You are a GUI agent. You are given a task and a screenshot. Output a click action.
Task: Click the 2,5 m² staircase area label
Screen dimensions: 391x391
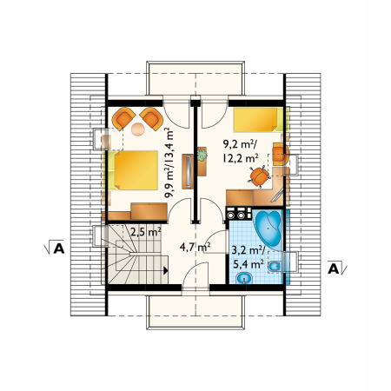[146, 232]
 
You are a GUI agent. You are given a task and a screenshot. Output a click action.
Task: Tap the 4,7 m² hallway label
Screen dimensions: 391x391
[195, 247]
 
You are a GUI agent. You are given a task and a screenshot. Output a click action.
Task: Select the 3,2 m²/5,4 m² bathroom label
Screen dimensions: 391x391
[248, 257]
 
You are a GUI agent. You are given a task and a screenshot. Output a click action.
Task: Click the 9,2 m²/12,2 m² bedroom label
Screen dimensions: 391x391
[241, 150]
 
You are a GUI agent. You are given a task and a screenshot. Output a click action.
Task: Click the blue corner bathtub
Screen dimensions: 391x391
[268, 229]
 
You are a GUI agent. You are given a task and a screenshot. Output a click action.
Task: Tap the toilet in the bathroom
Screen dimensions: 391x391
[275, 267]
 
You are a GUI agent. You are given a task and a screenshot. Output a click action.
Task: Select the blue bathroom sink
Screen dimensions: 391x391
[244, 278]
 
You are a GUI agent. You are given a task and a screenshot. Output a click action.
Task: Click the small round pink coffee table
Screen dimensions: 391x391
[138, 129]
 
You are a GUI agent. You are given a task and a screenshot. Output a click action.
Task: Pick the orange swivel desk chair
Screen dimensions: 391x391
[259, 176]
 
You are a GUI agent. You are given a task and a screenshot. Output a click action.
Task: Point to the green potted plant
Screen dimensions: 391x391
[202, 155]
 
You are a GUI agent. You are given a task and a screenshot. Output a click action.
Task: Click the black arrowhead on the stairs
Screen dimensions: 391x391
[166, 270]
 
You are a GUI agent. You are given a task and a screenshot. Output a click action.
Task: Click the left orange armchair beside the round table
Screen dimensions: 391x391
[123, 119]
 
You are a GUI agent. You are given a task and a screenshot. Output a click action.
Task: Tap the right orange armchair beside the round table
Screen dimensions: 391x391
[151, 119]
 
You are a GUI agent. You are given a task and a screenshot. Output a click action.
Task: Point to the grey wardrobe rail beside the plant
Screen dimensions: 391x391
[189, 171]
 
